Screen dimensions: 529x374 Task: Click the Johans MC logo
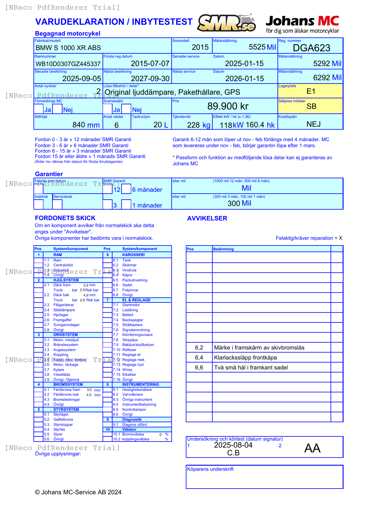coord(302,24)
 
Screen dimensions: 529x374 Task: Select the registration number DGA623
coord(312,48)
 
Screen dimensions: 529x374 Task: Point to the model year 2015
coord(200,47)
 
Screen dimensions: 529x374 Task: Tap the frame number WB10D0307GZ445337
coord(68,64)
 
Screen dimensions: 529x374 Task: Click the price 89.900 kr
coord(228,106)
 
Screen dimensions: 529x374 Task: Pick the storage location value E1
coord(311,91)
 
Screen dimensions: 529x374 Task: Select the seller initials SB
coord(311,106)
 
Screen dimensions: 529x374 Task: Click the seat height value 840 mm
coord(86,125)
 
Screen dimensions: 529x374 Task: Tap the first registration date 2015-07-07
coord(150,64)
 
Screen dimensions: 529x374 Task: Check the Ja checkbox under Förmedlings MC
coord(39,109)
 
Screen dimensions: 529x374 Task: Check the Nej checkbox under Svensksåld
coord(126,109)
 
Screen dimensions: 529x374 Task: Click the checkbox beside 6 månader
coord(126,189)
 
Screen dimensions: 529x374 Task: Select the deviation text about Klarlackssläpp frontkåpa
coord(245,358)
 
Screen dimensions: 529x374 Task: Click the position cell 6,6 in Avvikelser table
coord(199,368)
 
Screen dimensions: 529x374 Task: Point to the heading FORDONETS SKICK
coord(65,218)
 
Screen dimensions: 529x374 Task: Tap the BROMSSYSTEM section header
coord(68,385)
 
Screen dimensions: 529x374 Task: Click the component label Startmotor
coord(131,305)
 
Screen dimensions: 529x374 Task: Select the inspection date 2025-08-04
coord(233,445)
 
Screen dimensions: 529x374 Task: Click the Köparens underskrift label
coord(210,469)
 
